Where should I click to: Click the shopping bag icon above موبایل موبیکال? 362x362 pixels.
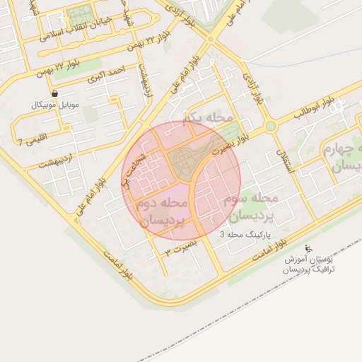click(x=55, y=93)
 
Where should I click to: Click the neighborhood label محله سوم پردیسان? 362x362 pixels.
click(x=250, y=206)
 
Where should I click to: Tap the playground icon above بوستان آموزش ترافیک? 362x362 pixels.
click(x=308, y=248)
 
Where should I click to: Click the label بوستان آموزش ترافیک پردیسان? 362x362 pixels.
click(x=308, y=264)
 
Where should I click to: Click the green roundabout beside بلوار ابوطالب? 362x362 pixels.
click(x=270, y=127)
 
